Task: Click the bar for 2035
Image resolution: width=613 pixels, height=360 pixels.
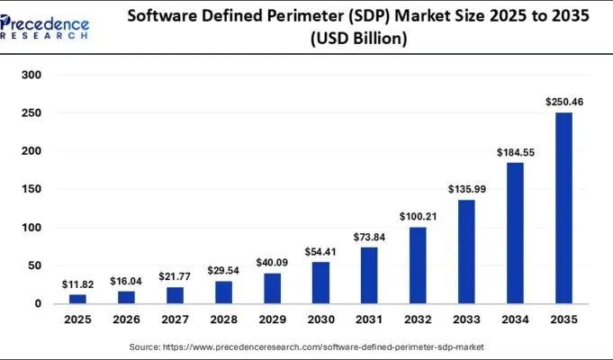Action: [563, 208]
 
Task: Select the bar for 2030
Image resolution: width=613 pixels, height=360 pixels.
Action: [320, 283]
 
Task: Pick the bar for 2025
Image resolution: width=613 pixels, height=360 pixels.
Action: [77, 299]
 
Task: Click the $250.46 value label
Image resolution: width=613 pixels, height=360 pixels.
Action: [563, 103]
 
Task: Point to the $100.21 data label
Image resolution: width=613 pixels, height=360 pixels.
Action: [418, 217]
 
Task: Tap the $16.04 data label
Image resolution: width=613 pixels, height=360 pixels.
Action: [126, 281]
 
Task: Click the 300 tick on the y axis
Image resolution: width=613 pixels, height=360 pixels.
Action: [32, 76]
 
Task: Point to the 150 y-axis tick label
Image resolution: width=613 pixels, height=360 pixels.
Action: [32, 190]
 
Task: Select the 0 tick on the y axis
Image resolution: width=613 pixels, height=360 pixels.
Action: [38, 304]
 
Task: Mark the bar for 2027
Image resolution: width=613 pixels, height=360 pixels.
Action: [175, 295]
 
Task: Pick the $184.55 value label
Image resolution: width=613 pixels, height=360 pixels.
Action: [515, 153]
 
